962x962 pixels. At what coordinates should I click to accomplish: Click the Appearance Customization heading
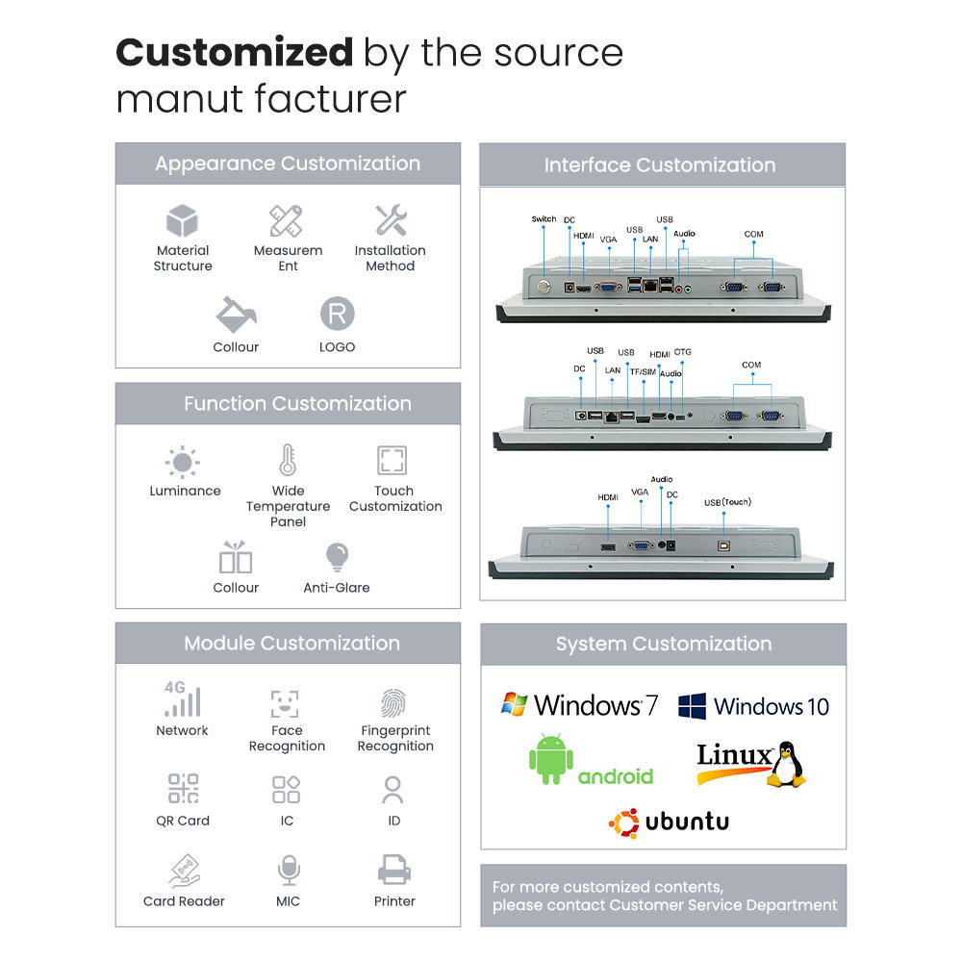288,164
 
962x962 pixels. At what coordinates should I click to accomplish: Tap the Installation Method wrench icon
391,220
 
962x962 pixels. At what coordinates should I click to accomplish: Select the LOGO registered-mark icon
337,314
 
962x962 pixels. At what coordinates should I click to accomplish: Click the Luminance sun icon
182,463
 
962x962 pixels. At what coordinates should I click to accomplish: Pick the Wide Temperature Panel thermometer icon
288,461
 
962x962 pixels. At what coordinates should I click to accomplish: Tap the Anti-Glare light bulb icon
337,557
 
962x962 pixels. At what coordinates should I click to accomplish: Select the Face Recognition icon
286,703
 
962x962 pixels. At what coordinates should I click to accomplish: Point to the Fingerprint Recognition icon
392,704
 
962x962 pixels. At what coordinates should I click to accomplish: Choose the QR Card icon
183,790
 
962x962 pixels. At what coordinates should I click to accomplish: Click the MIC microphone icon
288,873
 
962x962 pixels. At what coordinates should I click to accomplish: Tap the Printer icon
394,872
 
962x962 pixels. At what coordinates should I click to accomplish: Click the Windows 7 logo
579,705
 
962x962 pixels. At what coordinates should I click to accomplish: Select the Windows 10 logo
753,707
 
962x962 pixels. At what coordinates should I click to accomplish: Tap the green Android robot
551,758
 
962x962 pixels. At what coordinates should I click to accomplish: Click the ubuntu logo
669,822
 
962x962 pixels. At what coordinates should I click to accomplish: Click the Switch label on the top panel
544,219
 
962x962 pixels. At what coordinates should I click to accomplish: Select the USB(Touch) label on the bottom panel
727,502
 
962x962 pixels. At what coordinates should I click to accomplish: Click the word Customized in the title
234,52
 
